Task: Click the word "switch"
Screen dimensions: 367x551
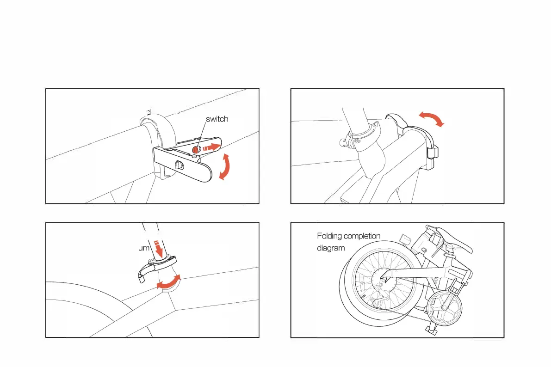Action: tap(217, 119)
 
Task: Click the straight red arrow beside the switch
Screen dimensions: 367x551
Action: tap(211, 147)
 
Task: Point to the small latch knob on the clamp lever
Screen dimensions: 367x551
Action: tap(179, 164)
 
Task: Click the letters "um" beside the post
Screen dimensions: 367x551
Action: tap(143, 248)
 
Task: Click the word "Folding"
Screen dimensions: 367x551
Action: tap(330, 236)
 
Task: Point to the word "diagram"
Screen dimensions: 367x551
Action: tap(331, 248)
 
